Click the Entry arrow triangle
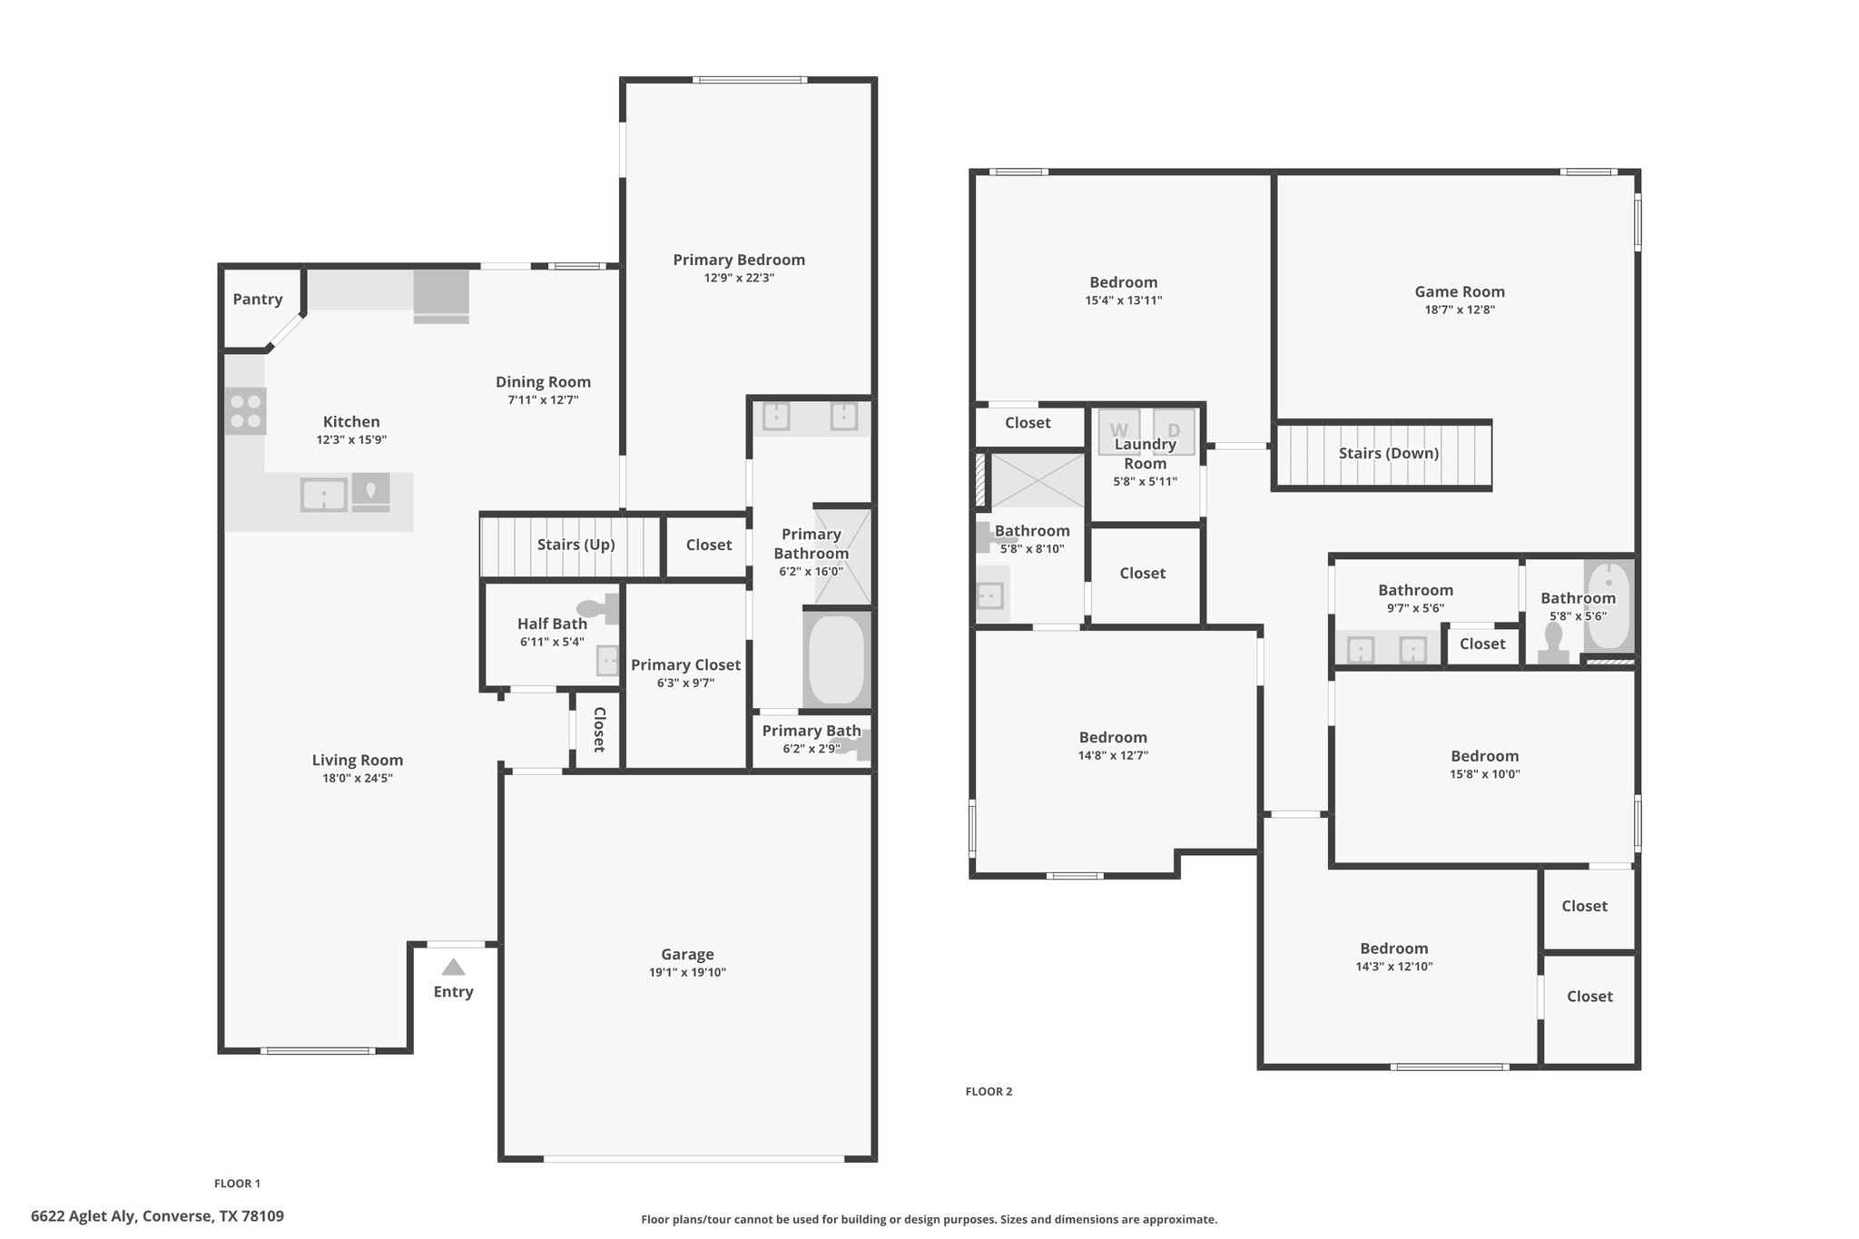click(x=453, y=968)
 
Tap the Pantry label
click(x=258, y=300)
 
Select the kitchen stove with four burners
click(x=245, y=410)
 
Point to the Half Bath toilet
click(x=599, y=608)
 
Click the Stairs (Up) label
click(x=576, y=545)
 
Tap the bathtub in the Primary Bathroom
click(x=836, y=659)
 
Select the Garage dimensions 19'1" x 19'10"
click(x=688, y=973)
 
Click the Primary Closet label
click(x=686, y=665)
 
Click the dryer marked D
click(x=1174, y=431)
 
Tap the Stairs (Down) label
click(x=1389, y=454)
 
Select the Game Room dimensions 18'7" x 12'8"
click(x=1460, y=310)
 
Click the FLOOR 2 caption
click(x=989, y=1092)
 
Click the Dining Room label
click(x=543, y=382)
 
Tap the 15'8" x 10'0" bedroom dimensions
click(x=1485, y=774)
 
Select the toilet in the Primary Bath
click(x=853, y=746)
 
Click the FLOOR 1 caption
click(x=237, y=1184)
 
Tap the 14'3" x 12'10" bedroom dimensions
click(x=1394, y=967)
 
